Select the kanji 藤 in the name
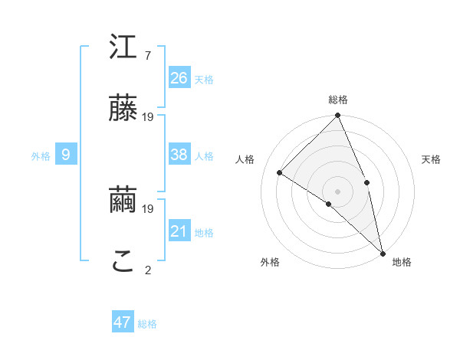click(123, 108)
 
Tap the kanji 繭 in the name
click(123, 201)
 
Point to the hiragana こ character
click(123, 262)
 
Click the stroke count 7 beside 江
click(147, 56)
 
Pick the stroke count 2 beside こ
click(147, 270)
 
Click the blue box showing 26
click(179, 78)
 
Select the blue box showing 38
click(179, 155)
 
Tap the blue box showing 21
click(179, 231)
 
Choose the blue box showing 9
click(66, 155)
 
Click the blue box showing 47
click(123, 322)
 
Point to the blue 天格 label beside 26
click(204, 79)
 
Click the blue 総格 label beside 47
click(147, 324)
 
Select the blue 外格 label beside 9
click(41, 156)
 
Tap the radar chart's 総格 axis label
click(338, 100)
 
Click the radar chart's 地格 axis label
click(402, 263)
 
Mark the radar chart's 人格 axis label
click(245, 159)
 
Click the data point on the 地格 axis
click(383, 252)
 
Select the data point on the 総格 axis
click(338, 116)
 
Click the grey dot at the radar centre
click(338, 191)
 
